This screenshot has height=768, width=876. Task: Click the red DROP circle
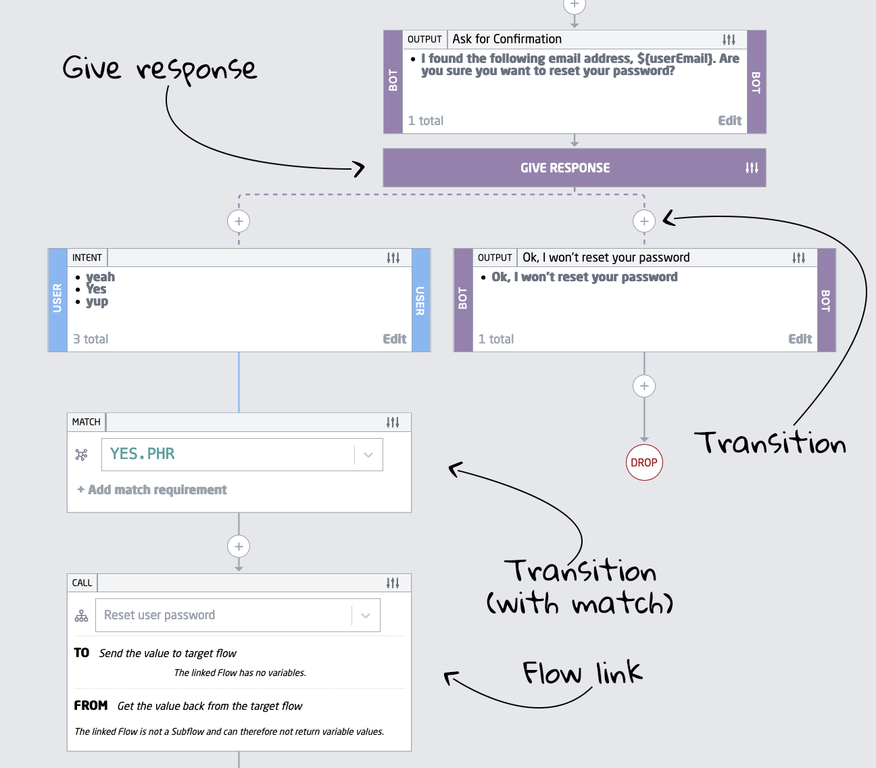pyautogui.click(x=644, y=462)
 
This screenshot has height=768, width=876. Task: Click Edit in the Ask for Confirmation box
pyautogui.click(x=729, y=120)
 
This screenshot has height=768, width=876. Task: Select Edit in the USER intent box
pyautogui.click(x=394, y=339)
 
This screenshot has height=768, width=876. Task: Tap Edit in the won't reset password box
pyautogui.click(x=800, y=339)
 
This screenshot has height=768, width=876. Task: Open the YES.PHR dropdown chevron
pyautogui.click(x=368, y=454)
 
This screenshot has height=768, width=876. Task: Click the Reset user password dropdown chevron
pyautogui.click(x=366, y=615)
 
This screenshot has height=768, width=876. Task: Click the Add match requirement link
pyautogui.click(x=152, y=489)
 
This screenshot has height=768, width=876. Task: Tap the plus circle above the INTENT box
pyautogui.click(x=239, y=221)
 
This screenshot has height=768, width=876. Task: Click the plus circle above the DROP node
pyautogui.click(x=644, y=386)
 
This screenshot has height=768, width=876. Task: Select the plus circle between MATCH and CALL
pyautogui.click(x=239, y=546)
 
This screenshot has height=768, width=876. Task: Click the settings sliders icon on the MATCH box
pyautogui.click(x=393, y=422)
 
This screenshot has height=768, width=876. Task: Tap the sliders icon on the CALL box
pyautogui.click(x=393, y=583)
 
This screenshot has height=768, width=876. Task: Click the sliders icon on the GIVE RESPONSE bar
pyautogui.click(x=752, y=168)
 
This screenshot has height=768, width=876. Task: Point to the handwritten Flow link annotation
pyautogui.click(x=582, y=673)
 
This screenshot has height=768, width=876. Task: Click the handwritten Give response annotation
pyautogui.click(x=160, y=69)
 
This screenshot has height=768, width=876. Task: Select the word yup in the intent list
pyautogui.click(x=97, y=302)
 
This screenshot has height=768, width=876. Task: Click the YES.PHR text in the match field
pyautogui.click(x=143, y=454)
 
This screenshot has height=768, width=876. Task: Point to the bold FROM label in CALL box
pyautogui.click(x=91, y=705)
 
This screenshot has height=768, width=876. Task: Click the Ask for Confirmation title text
pyautogui.click(x=507, y=39)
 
